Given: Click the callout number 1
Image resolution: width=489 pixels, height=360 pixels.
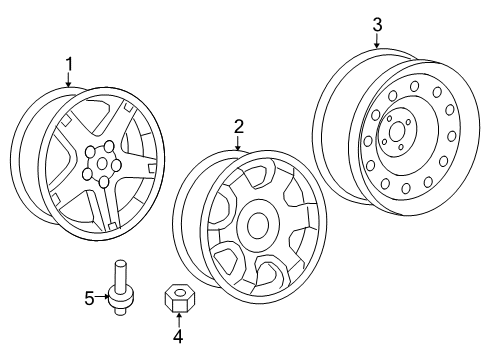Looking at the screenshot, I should click(x=69, y=65).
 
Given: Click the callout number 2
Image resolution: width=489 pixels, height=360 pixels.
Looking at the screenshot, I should click(x=239, y=126).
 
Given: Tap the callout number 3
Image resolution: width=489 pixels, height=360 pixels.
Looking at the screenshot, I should click(x=377, y=25).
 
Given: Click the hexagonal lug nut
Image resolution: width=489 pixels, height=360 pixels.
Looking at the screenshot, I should click(x=177, y=299).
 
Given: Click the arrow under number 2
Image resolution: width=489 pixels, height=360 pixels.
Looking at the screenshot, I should click(x=239, y=142).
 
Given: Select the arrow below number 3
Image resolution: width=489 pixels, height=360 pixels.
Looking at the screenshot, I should click(x=377, y=41).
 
